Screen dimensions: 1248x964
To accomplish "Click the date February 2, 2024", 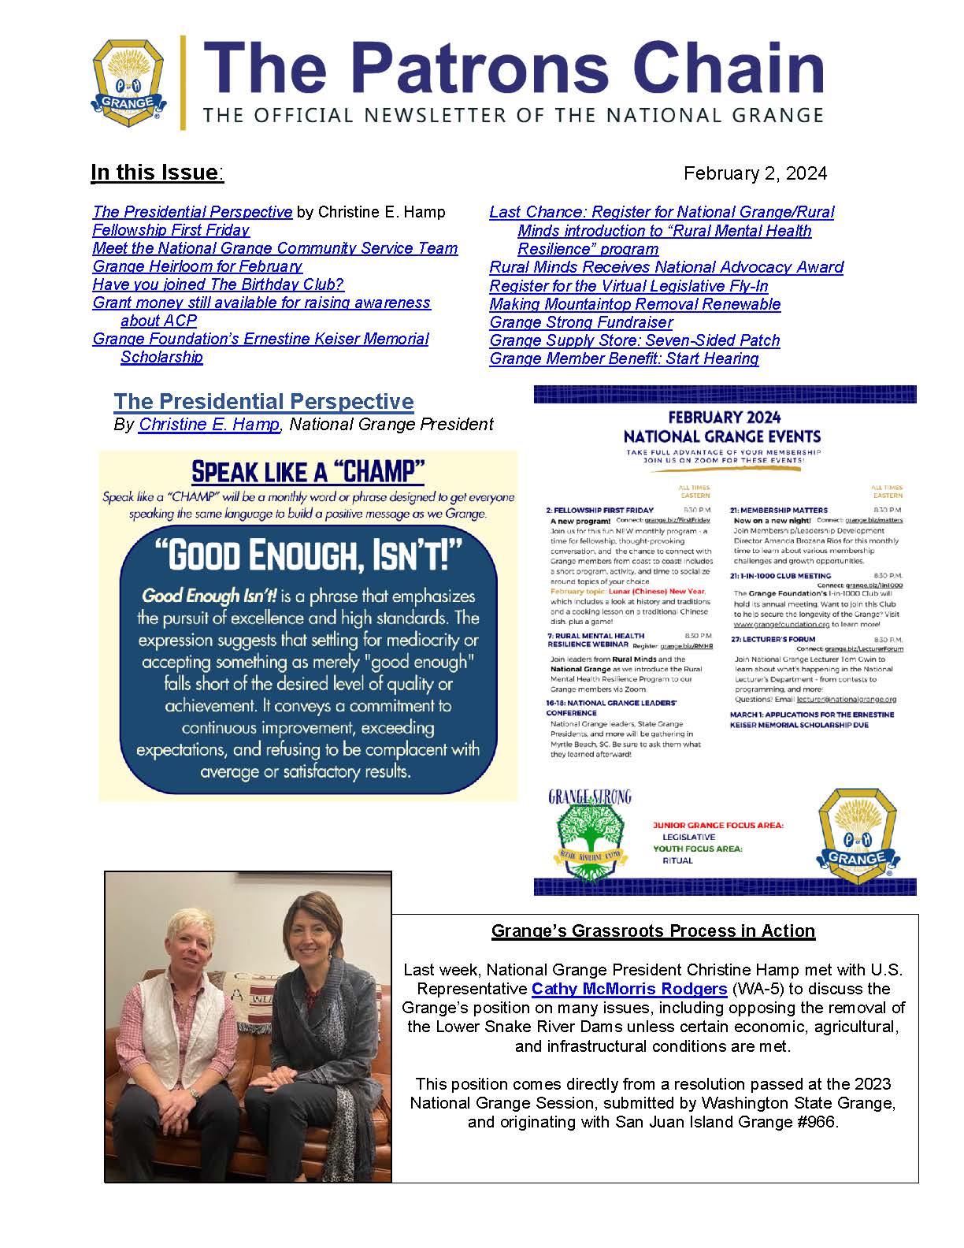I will point(755,173).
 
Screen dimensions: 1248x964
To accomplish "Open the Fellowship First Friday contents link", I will point(171,230).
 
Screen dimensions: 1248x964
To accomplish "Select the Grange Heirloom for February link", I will point(197,266).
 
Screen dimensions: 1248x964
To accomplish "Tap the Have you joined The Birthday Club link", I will point(218,284).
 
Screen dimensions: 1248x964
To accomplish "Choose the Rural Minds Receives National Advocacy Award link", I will point(666,267).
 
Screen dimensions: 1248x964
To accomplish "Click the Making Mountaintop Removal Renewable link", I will point(635,304).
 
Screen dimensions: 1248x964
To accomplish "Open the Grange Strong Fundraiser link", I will point(580,322).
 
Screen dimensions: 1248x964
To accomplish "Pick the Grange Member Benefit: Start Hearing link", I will point(624,358).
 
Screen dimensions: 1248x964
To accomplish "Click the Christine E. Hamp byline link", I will point(209,425).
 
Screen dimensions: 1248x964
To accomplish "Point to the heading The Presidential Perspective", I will point(263,402).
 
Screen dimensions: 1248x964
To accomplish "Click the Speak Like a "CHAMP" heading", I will point(308,472).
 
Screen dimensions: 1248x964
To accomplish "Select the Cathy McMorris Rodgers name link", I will point(628,989).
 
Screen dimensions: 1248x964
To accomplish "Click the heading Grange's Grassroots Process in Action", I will point(653,931).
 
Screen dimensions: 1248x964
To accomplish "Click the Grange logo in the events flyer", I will point(857,835).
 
